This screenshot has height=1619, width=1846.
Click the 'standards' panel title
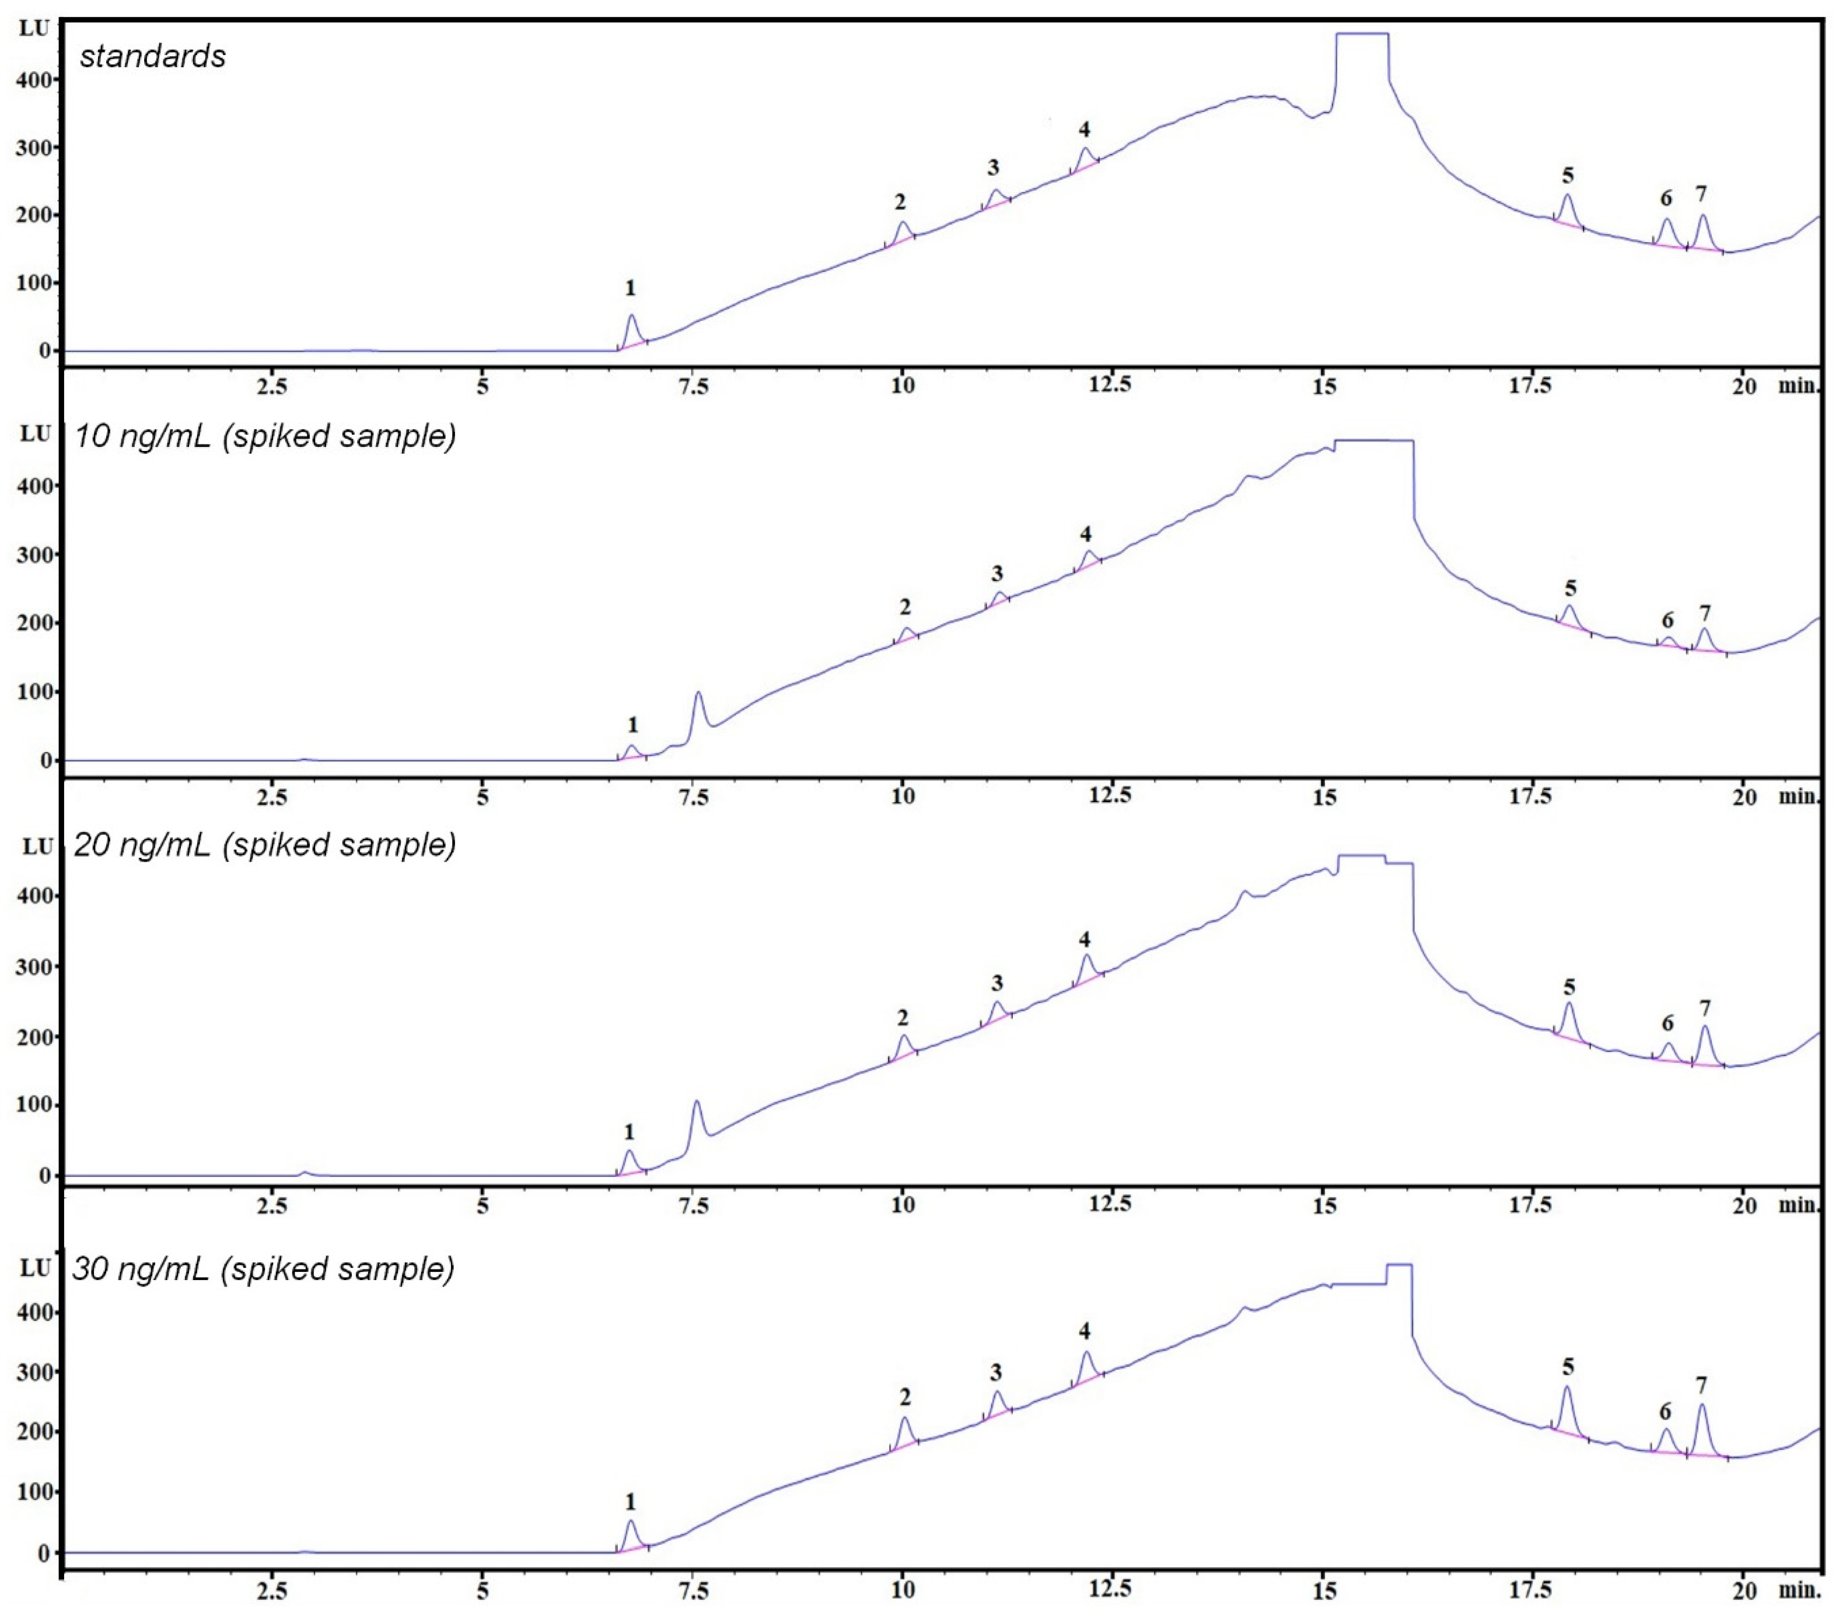pos(153,56)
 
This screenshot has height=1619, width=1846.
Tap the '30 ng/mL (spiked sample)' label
pos(263,1268)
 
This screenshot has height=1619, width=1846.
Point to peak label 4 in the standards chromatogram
pos(1084,129)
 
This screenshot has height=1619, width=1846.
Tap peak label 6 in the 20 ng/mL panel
pos(1667,1023)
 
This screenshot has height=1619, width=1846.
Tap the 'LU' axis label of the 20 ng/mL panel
pos(37,846)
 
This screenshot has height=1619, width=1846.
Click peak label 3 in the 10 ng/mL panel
pos(997,574)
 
